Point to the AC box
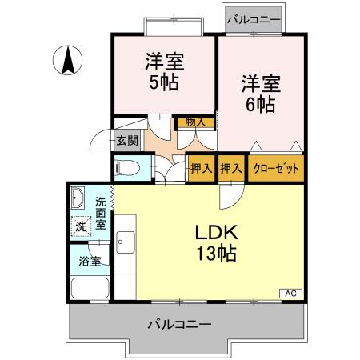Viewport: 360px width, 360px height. [290, 293]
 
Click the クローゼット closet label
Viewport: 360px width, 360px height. [275, 169]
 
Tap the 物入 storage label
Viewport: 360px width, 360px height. [194, 122]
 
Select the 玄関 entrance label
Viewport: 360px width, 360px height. [126, 141]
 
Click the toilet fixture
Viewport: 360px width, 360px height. [126, 169]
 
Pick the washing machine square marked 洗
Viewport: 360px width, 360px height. [81, 226]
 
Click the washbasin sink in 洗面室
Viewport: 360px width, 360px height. [78, 197]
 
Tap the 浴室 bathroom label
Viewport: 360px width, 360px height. [89, 260]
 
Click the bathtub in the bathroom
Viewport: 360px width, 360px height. [89, 288]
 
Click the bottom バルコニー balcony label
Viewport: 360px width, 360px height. [179, 325]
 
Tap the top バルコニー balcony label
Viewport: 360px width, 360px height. [251, 17]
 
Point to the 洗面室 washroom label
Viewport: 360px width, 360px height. [102, 214]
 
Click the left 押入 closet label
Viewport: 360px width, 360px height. [201, 169]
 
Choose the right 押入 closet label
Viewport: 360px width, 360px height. [231, 169]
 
